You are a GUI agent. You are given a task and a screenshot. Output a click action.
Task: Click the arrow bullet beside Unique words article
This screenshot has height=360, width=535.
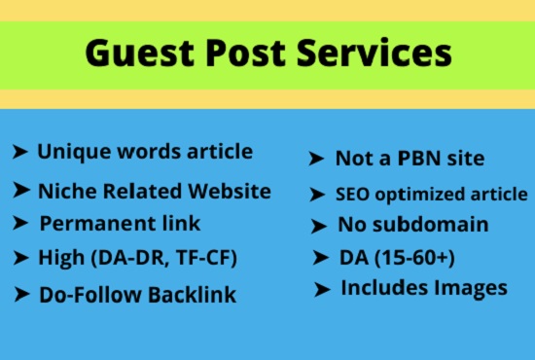pos(19,152)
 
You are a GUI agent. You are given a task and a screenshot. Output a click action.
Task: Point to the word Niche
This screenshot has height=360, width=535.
pos(65,191)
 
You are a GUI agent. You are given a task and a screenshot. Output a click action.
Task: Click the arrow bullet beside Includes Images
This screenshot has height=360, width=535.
pos(323,289)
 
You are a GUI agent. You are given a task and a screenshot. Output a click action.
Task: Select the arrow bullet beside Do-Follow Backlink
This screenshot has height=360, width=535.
pos(20,293)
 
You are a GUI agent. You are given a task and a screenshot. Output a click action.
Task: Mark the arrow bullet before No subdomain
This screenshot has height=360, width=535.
pos(318,227)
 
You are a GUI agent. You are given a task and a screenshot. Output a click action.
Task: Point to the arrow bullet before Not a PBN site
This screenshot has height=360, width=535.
pos(316,159)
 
